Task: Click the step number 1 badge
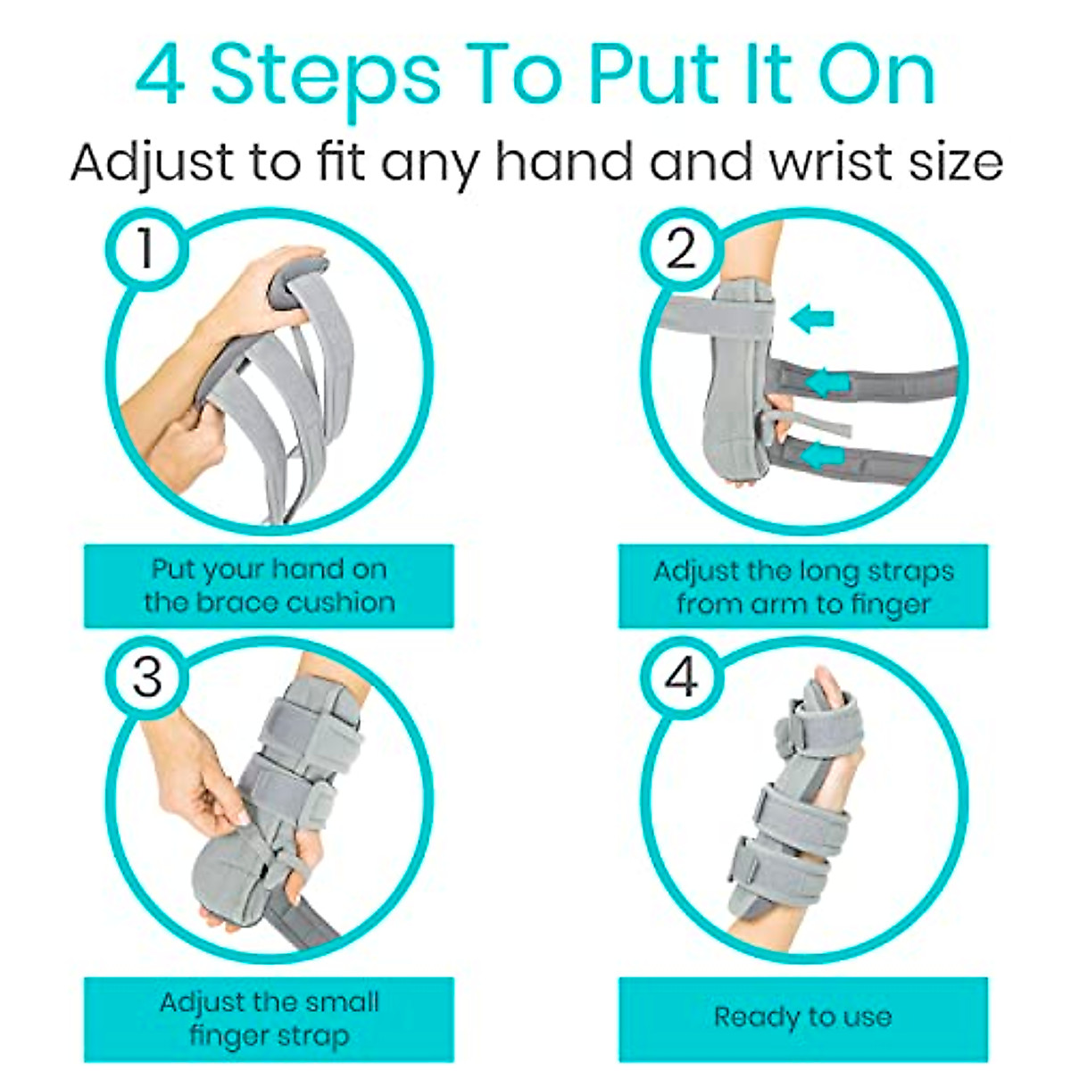pyautogui.click(x=145, y=247)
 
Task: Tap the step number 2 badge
pyautogui.click(x=681, y=247)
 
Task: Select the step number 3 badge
pyautogui.click(x=147, y=677)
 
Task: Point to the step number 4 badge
pyautogui.click(x=681, y=677)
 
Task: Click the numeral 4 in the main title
pyautogui.click(x=161, y=76)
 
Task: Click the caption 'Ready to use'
pyautogui.click(x=802, y=1017)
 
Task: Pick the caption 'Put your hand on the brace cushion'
pyautogui.click(x=269, y=585)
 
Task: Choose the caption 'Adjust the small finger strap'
pyautogui.click(x=269, y=1018)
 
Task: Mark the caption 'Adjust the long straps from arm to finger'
pyautogui.click(x=802, y=586)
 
